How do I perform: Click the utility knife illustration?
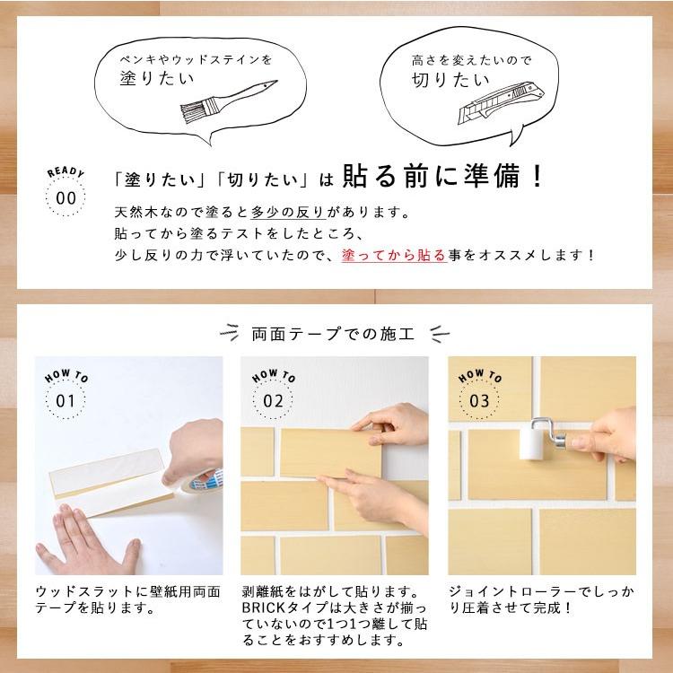point(501,104)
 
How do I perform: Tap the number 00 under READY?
point(66,198)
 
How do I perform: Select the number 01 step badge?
point(66,401)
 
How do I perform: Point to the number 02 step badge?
point(273,401)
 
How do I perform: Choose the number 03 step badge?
point(479,401)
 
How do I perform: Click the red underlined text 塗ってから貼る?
point(394,255)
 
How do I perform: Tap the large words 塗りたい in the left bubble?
point(157,78)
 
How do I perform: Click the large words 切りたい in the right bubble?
point(450,80)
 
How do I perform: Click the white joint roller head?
point(533,444)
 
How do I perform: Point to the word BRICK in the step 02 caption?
point(264,607)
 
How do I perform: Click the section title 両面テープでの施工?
point(333,334)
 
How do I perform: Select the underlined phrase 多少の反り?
point(287,212)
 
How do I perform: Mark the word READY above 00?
point(66,172)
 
